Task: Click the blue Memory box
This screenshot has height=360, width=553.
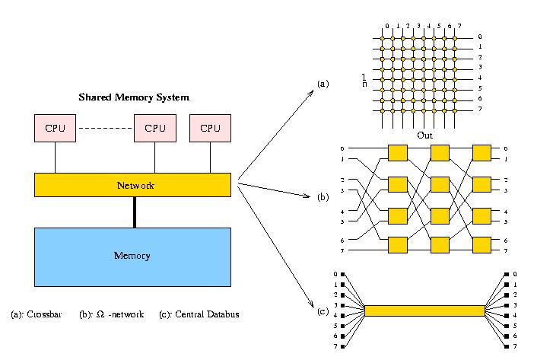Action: click(132, 256)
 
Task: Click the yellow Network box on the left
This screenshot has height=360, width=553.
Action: click(132, 184)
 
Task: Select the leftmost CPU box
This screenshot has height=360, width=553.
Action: click(56, 128)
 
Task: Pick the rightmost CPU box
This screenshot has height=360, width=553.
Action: click(210, 128)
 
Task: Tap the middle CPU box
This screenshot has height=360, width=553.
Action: click(155, 128)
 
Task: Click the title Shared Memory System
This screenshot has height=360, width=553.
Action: click(134, 97)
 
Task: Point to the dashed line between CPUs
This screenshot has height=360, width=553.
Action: click(105, 128)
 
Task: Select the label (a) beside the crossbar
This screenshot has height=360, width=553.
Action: click(323, 83)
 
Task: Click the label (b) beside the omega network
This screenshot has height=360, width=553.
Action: click(323, 197)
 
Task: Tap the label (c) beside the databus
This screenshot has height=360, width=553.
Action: click(323, 311)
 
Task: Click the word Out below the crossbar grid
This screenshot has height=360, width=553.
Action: click(424, 135)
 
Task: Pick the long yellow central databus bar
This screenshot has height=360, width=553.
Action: click(424, 311)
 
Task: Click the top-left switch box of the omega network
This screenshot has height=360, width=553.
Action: click(398, 153)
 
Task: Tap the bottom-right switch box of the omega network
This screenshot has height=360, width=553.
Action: click(481, 245)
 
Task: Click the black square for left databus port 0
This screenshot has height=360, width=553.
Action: click(344, 274)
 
